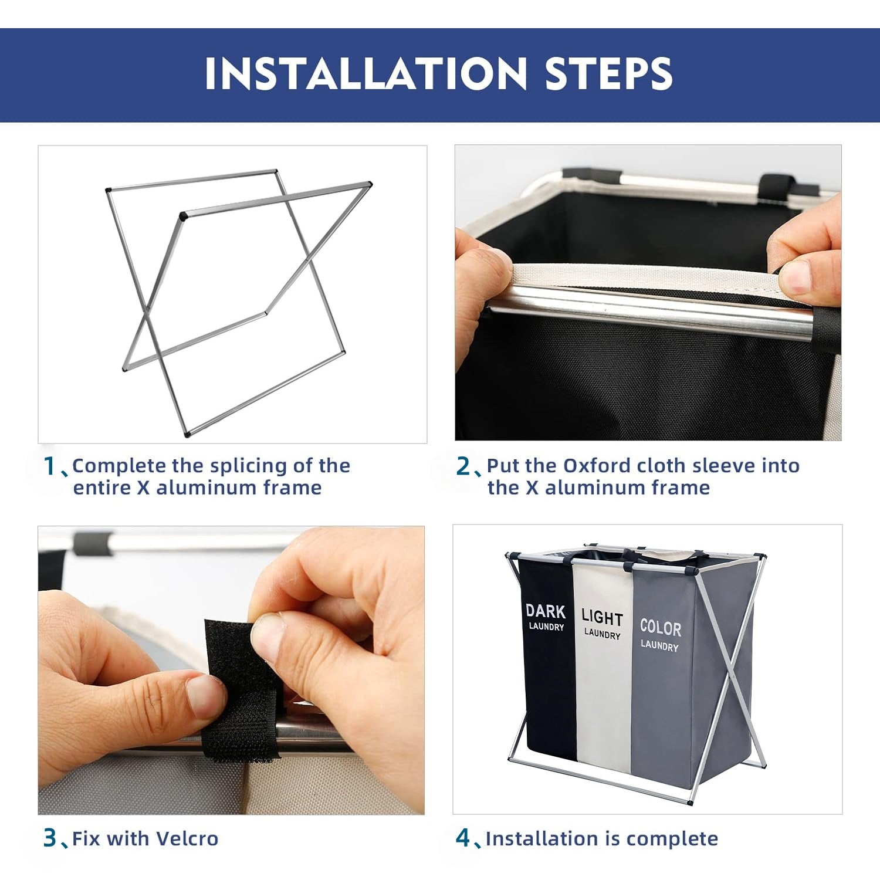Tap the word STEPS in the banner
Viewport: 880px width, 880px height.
[608, 73]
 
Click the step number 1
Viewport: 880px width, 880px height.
[50, 466]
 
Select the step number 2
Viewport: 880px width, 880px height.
[463, 466]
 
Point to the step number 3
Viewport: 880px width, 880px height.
[50, 838]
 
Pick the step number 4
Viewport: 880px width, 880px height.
[463, 838]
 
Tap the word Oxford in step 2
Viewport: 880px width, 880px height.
[597, 466]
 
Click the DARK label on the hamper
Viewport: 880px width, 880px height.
[546, 611]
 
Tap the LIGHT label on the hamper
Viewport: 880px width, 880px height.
[602, 617]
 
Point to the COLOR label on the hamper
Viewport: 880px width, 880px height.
[661, 628]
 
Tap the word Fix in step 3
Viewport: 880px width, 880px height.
[86, 838]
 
